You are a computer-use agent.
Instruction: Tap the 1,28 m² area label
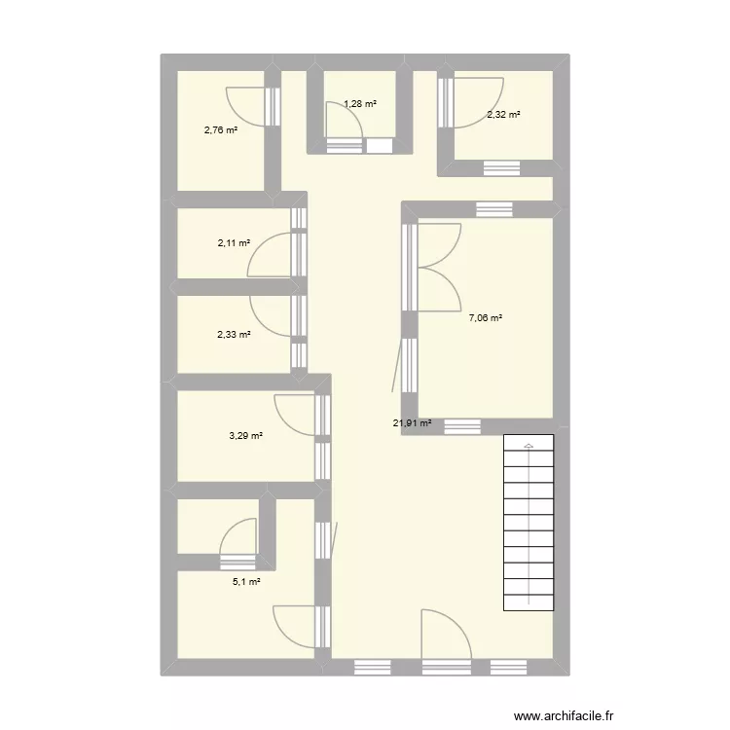click(360, 103)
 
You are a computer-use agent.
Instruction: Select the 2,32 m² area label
click(503, 115)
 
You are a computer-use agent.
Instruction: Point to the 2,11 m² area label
click(235, 243)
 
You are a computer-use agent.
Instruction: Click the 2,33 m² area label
click(235, 335)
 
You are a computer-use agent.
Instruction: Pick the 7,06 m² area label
click(486, 317)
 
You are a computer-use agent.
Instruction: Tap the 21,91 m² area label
click(412, 423)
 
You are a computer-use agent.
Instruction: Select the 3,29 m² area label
click(246, 435)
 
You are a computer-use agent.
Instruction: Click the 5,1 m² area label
click(246, 582)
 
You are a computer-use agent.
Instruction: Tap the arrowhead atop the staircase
click(529, 446)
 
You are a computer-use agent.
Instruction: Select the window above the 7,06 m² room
click(493, 209)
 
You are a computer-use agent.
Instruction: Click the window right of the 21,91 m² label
click(462, 425)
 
